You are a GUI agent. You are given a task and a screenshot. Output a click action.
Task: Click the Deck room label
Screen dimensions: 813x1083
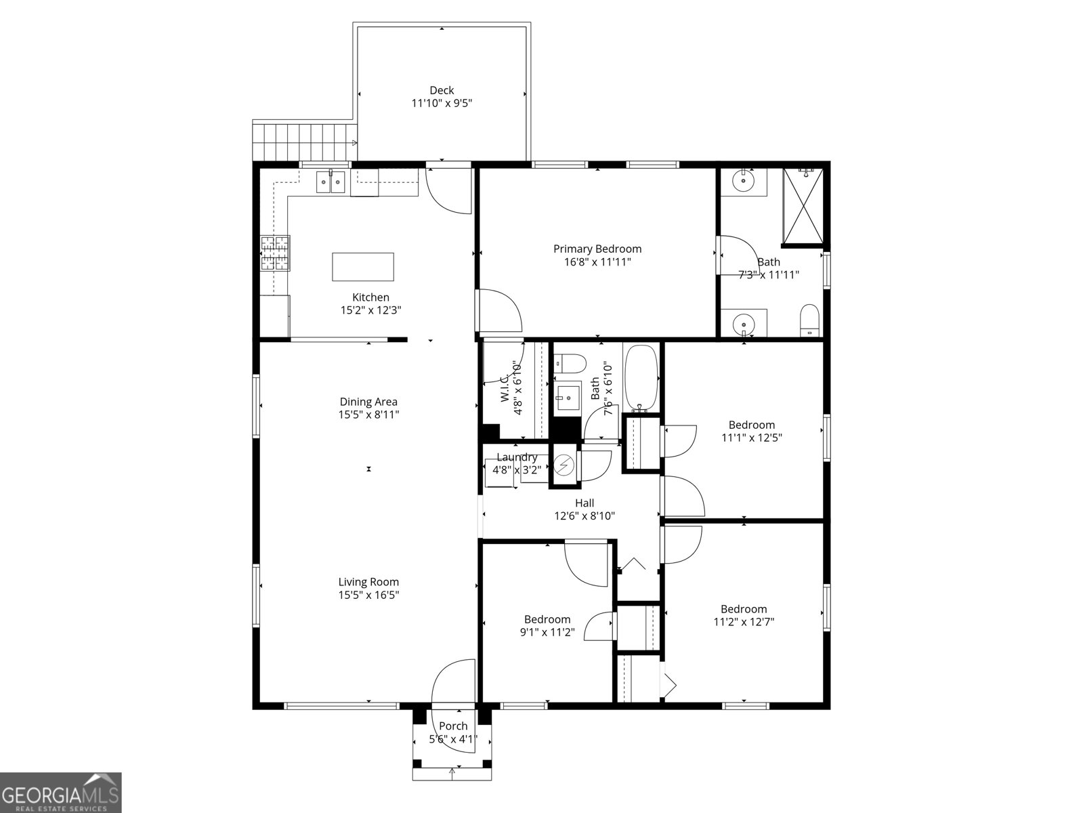tap(442, 90)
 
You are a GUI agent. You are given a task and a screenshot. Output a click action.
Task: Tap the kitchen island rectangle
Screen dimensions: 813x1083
tap(363, 266)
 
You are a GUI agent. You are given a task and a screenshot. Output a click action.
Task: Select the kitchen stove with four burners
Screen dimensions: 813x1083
tap(276, 253)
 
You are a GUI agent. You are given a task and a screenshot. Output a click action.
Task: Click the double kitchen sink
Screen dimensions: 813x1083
tap(331, 182)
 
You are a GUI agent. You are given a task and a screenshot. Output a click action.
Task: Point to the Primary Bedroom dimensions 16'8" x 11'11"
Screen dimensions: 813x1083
tap(597, 262)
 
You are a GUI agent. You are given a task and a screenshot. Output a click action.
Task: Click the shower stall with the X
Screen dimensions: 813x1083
tap(803, 205)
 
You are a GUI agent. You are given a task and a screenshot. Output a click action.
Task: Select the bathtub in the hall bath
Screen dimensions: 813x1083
tap(641, 379)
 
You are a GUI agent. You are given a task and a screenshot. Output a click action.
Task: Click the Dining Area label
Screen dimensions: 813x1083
tap(368, 402)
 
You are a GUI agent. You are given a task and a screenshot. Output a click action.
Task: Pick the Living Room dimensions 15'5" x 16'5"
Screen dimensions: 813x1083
tap(368, 595)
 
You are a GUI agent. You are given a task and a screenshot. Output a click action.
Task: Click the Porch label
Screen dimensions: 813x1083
tap(453, 726)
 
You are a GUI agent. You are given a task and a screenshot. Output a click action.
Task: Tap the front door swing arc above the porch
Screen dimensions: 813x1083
tap(452, 681)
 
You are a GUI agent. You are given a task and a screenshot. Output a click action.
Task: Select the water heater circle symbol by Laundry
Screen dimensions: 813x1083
tap(564, 465)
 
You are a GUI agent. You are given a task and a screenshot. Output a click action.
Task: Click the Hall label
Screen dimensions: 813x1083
tap(585, 503)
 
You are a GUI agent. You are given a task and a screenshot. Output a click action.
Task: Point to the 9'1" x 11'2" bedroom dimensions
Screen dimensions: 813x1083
tap(547, 632)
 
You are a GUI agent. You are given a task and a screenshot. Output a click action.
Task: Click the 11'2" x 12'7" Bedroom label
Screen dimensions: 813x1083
tap(744, 609)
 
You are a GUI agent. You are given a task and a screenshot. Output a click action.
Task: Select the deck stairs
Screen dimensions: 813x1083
tap(304, 142)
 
